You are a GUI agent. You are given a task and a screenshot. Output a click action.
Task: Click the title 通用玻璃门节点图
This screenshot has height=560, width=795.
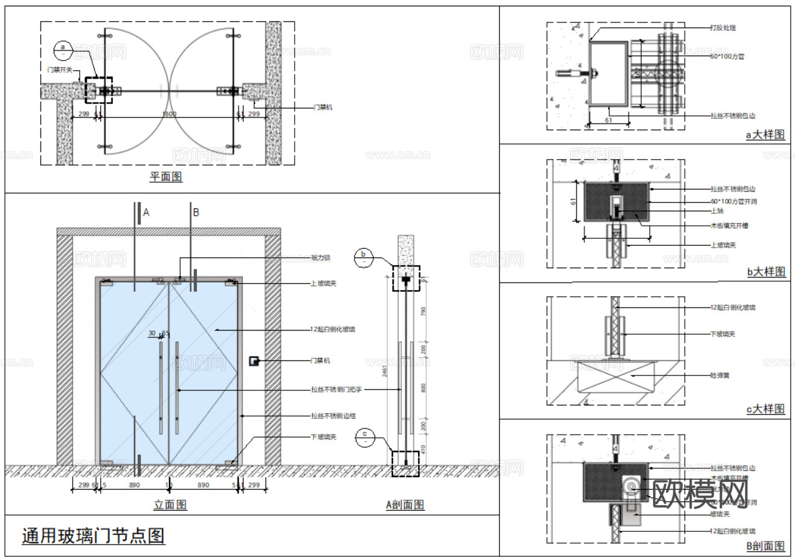(93, 536)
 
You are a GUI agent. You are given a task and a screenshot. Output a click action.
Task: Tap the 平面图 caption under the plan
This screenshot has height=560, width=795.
(166, 177)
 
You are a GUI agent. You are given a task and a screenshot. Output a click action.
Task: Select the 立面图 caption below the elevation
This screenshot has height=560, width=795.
(170, 504)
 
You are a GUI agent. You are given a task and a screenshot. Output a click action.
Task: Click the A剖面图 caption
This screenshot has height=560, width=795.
(405, 504)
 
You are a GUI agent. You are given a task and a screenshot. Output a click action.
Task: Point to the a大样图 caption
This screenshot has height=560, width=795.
(765, 134)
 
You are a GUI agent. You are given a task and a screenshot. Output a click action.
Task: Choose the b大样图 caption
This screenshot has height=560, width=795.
(766, 272)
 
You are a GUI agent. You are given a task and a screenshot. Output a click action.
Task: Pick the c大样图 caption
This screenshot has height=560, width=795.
(766, 409)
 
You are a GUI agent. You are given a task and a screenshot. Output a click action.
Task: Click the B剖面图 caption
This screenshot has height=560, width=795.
(765, 546)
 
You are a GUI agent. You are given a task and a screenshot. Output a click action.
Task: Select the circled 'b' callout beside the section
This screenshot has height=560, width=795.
(364, 257)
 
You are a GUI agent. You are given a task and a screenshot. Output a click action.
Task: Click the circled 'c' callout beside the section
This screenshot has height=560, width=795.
(364, 438)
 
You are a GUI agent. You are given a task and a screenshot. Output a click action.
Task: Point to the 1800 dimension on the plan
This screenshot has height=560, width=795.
(168, 115)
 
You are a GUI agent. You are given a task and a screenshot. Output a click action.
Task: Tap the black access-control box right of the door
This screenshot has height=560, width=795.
(254, 361)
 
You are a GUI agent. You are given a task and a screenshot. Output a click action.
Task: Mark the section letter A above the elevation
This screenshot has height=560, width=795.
(146, 213)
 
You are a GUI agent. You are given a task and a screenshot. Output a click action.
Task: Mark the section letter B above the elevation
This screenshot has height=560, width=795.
(196, 213)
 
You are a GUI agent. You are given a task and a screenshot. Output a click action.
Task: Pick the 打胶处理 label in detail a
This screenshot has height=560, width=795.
(723, 28)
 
